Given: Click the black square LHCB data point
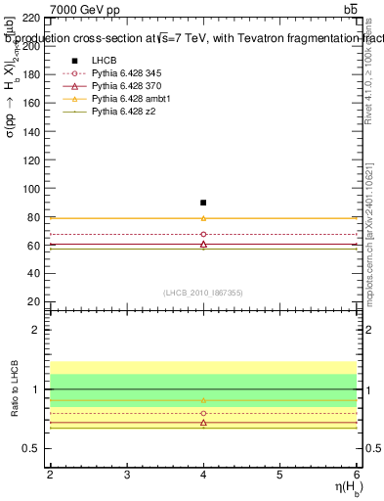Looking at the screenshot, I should pyautogui.click(x=203, y=203).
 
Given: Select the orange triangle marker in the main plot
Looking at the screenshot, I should pyautogui.click(x=203, y=218).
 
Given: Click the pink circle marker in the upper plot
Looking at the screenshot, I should pyautogui.click(x=203, y=235).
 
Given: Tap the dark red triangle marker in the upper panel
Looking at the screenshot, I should pyautogui.click(x=203, y=244).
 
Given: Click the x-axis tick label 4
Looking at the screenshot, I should pyautogui.click(x=203, y=474).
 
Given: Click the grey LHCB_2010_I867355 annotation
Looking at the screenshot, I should pyautogui.click(x=203, y=293).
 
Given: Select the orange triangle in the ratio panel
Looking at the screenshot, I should pyautogui.click(x=203, y=400).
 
